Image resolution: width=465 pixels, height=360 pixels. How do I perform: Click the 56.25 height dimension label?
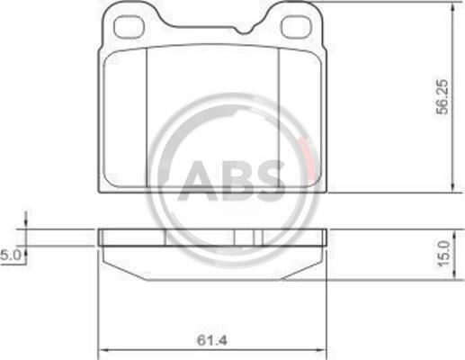(443, 96)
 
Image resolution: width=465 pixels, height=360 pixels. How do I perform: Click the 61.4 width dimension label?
(212, 340)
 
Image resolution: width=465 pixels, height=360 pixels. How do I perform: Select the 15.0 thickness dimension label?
(444, 253)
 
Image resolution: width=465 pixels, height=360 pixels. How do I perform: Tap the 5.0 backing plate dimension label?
(11, 256)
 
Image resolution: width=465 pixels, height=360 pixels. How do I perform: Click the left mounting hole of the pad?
(130, 27)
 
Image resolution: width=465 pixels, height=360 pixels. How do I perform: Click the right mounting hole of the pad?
(296, 27)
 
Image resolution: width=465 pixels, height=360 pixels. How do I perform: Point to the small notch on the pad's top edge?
(244, 31)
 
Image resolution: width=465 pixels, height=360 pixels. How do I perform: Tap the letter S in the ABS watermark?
(267, 181)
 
